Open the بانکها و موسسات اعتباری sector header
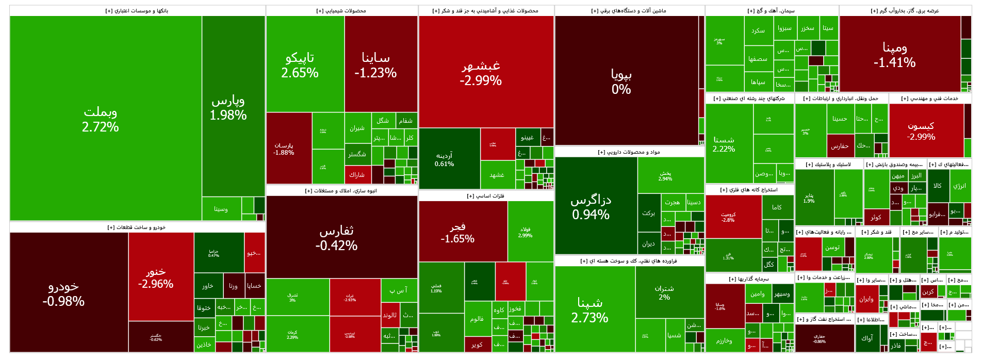(137, 10)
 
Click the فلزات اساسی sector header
(486, 196)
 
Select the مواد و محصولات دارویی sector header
(629, 152)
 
